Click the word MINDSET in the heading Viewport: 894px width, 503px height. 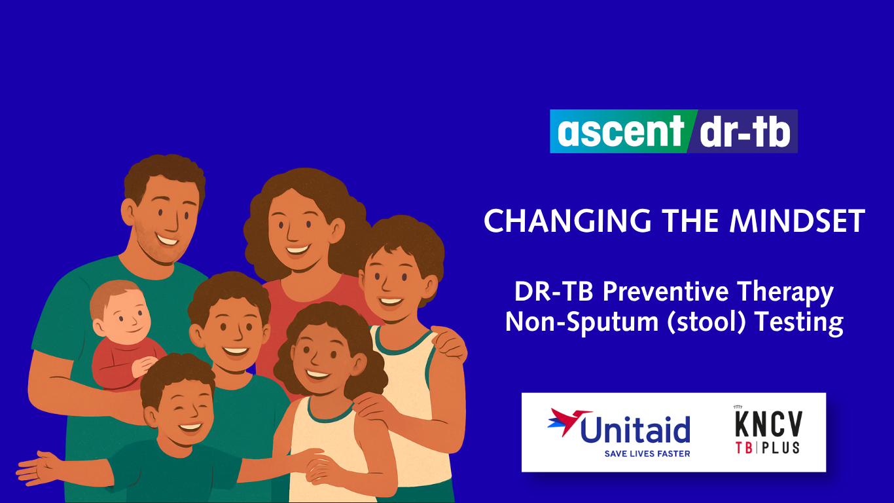[797, 221]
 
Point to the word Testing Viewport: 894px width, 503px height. [799, 323]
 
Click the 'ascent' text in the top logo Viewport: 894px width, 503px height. [621, 131]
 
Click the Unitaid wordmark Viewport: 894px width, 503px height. [635, 429]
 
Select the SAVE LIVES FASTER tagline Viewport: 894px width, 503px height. [647, 453]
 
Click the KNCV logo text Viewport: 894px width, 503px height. [768, 424]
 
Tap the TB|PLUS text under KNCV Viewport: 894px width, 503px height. [768, 447]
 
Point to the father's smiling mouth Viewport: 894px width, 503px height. [168, 240]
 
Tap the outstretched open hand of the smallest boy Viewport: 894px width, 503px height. [38, 469]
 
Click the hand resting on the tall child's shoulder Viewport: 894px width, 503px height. [450, 345]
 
